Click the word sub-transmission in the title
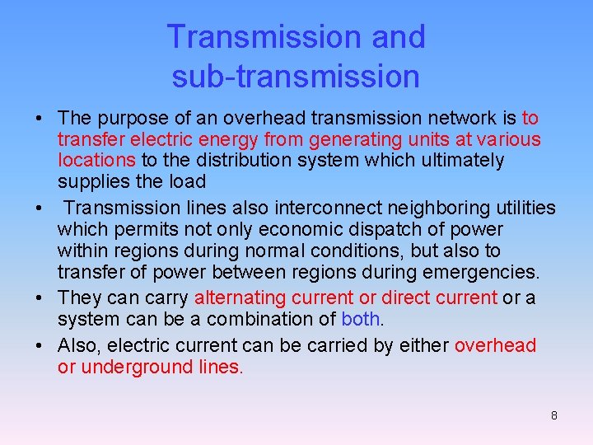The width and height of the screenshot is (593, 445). (296, 76)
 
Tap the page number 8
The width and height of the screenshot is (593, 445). (554, 415)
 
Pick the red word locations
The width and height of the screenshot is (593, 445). (96, 160)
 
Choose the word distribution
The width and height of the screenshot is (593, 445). (240, 160)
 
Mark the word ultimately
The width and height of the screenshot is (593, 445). (462, 160)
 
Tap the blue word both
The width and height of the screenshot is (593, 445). (359, 318)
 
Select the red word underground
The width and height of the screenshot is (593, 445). (137, 368)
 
